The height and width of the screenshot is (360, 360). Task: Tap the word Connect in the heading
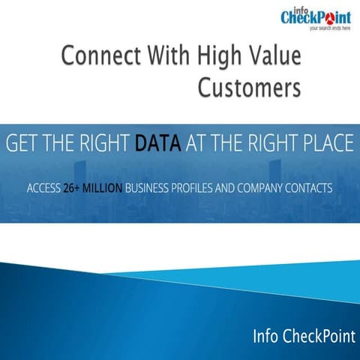tap(94, 57)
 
